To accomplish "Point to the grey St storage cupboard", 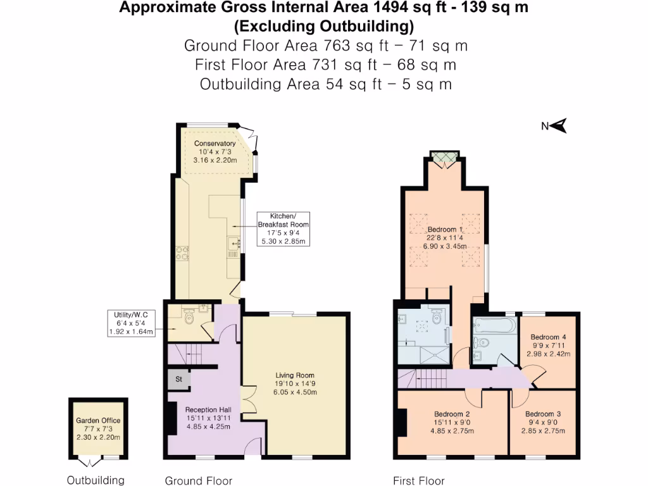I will point(178,380).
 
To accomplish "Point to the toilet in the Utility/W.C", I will point(189,319).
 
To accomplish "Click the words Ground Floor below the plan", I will point(198,481).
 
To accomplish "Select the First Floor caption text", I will point(418,481).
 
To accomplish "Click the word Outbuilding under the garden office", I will point(96,480).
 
